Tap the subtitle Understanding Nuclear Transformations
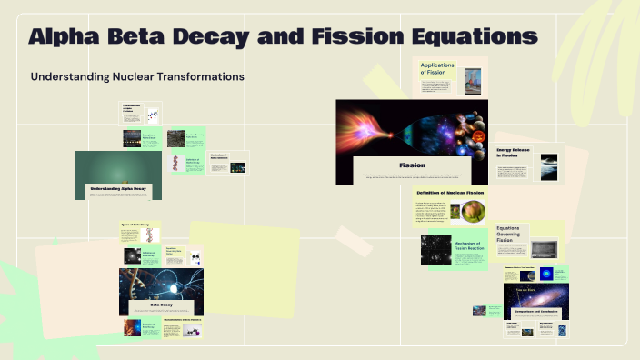[137, 77]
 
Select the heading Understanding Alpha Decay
[118, 189]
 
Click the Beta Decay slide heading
[161, 305]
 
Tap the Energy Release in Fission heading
[515, 153]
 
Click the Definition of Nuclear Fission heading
[450, 193]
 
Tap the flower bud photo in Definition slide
[473, 212]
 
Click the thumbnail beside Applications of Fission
[472, 82]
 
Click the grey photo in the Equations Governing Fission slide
[544, 247]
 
